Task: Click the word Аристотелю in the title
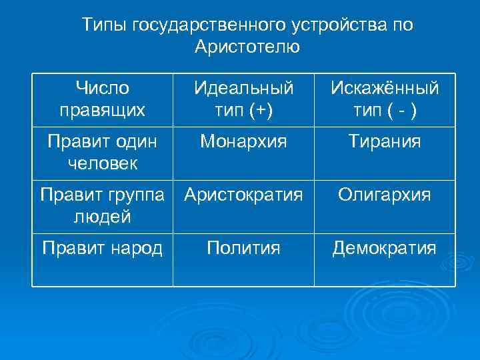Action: (x=248, y=47)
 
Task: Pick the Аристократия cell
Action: (x=243, y=195)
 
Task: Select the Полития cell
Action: (x=243, y=249)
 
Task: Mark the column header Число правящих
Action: (x=102, y=99)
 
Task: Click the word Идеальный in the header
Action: (x=243, y=89)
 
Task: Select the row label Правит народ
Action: (x=102, y=249)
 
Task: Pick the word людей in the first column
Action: (x=102, y=217)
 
